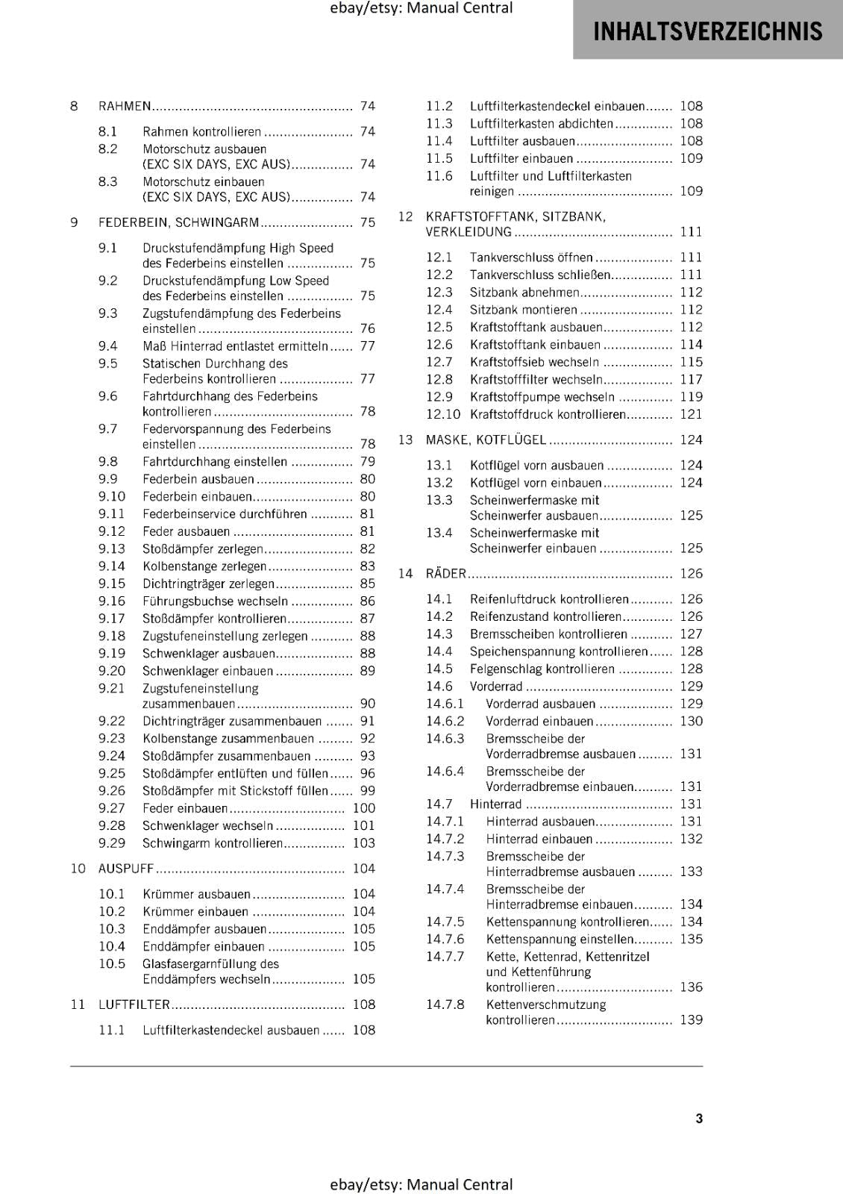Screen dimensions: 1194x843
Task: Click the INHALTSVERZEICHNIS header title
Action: click(707, 31)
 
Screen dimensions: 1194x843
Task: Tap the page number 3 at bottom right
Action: click(699, 1118)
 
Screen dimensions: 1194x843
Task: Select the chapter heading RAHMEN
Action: click(125, 106)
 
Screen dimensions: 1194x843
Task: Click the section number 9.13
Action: click(112, 548)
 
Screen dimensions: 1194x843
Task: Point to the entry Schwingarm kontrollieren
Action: click(213, 843)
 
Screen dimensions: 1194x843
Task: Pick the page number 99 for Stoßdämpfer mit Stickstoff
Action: click(367, 791)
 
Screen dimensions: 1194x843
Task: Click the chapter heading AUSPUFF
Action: click(126, 869)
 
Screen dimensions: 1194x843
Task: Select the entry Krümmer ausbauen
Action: click(196, 894)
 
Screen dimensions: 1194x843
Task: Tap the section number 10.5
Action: click(112, 963)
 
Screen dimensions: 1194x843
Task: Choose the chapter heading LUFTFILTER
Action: click(134, 1004)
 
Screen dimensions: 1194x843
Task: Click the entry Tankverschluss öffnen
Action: click(531, 257)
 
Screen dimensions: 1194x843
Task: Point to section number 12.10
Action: click(443, 414)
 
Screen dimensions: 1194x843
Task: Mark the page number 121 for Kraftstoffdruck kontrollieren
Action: click(691, 414)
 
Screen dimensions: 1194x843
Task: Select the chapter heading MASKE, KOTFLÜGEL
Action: click(486, 440)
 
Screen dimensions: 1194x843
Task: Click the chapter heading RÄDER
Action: click(445, 574)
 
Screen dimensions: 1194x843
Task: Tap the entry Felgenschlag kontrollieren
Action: click(542, 669)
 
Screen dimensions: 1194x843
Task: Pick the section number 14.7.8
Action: click(445, 1004)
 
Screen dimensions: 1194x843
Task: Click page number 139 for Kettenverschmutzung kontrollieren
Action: click(691, 1020)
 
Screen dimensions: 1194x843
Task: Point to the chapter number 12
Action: click(405, 216)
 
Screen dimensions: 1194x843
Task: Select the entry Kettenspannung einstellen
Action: click(560, 940)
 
